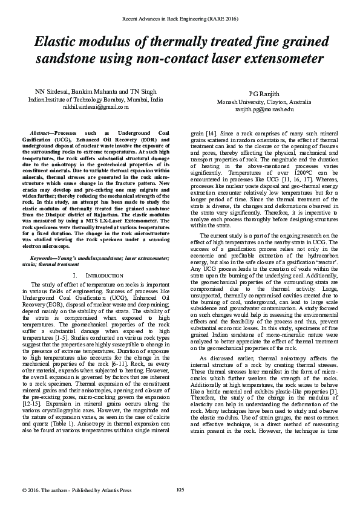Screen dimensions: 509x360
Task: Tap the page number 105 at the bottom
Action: pos(180,488)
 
